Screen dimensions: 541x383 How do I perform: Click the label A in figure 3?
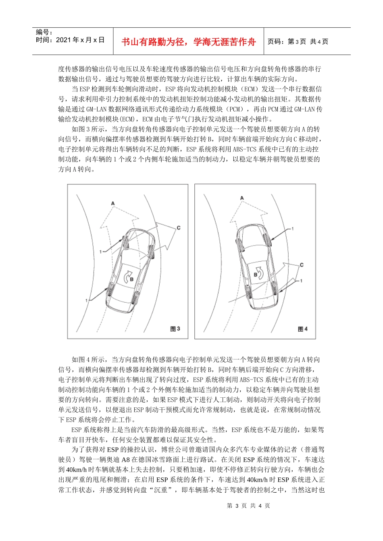pos(113,203)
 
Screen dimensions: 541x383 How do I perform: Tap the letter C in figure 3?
pos(178,228)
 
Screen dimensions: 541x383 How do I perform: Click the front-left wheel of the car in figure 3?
pos(124,241)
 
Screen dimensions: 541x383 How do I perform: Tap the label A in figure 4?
pos(242,198)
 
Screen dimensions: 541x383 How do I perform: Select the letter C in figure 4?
pos(302,265)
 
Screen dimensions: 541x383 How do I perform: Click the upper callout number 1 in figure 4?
pos(293,229)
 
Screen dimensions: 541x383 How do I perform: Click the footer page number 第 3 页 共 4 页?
pos(248,506)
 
